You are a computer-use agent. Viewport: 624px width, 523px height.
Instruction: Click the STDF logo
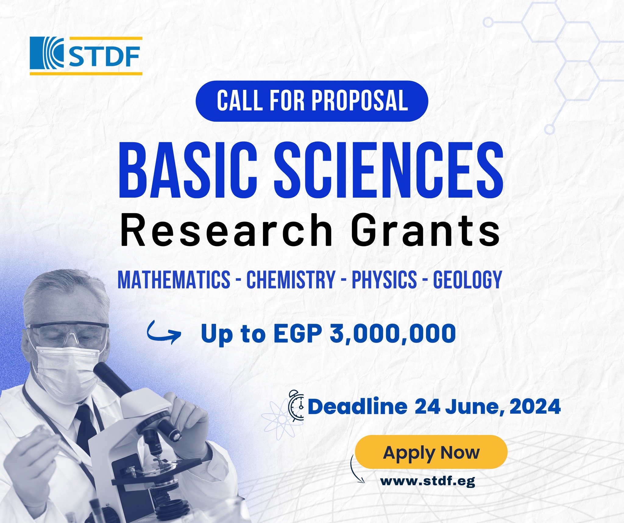point(86,56)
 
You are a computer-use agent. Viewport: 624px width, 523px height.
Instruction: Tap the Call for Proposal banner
point(312,101)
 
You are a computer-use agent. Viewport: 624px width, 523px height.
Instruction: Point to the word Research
point(226,230)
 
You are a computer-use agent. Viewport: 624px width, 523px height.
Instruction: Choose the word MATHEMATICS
point(174,279)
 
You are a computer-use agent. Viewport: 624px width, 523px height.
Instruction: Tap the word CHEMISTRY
point(291,279)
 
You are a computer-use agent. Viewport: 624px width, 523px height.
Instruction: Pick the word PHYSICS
point(384,279)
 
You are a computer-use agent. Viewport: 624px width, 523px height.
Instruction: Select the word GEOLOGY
point(468,279)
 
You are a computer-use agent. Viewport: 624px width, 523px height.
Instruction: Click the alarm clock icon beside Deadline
point(296,406)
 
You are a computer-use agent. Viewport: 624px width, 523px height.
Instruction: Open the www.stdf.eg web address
point(427,481)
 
